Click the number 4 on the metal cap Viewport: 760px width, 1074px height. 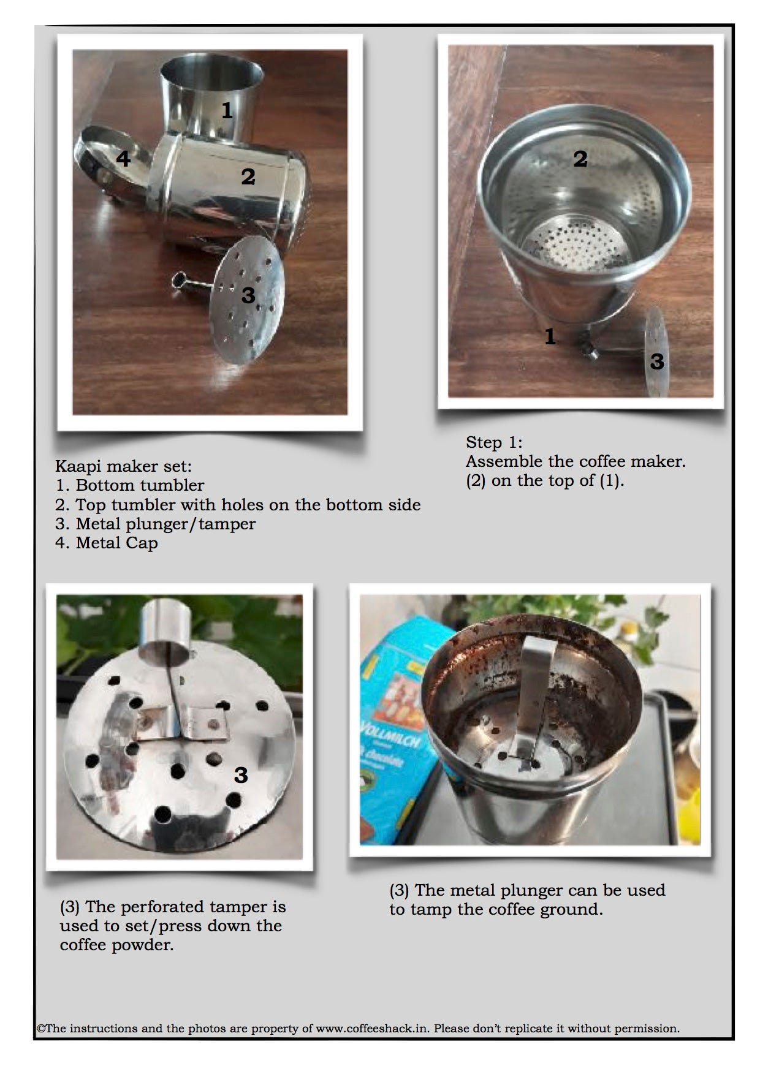pyautogui.click(x=123, y=159)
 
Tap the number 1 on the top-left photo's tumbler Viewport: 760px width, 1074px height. pyautogui.click(x=227, y=110)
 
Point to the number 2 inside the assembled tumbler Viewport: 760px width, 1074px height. pyautogui.click(x=580, y=159)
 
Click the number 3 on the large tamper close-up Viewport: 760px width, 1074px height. pyautogui.click(x=241, y=775)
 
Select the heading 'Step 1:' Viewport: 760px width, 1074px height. pyautogui.click(x=494, y=442)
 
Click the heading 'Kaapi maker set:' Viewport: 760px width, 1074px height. pyautogui.click(x=123, y=466)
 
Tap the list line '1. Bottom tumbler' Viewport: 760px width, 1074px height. pyautogui.click(x=130, y=485)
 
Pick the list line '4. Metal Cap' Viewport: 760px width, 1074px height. pyautogui.click(x=107, y=543)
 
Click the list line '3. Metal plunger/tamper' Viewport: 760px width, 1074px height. pyautogui.click(x=156, y=524)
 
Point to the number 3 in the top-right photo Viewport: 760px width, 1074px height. pyautogui.click(x=657, y=361)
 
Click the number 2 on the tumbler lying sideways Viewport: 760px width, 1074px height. pyautogui.click(x=248, y=177)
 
